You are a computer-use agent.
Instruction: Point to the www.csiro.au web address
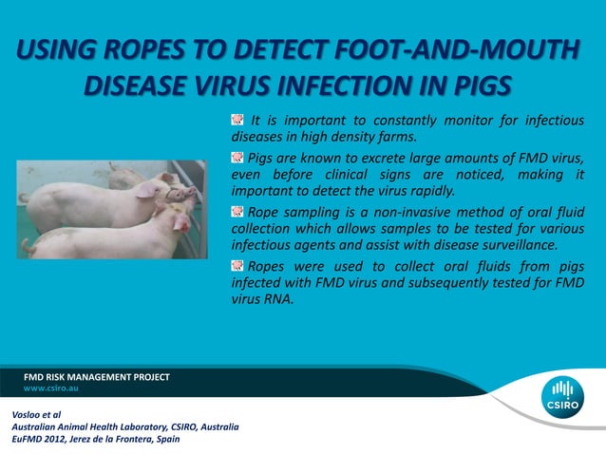[50, 389]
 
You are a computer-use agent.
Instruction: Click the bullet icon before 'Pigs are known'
[237, 156]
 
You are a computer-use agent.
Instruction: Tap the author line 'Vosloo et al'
[37, 415]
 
